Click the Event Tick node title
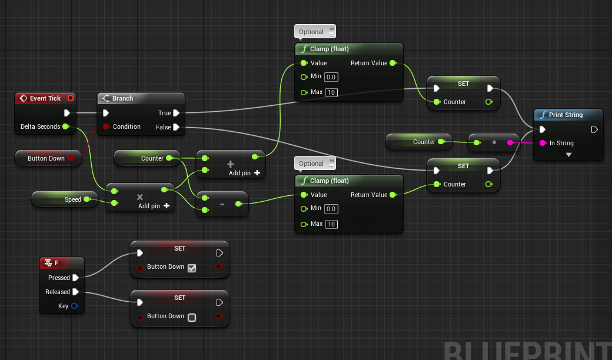45,98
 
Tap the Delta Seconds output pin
65,126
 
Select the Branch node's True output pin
176,113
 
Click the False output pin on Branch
176,126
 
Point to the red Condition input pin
106,126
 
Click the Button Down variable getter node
46,158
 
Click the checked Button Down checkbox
192,268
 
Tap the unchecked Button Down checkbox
192,318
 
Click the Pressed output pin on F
76,278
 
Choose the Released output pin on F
76,292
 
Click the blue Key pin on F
75,306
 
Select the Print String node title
566,115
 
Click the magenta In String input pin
543,143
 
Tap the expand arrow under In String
568,155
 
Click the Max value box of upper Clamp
331,92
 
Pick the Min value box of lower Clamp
331,208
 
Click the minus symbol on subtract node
222,204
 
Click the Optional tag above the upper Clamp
311,32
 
